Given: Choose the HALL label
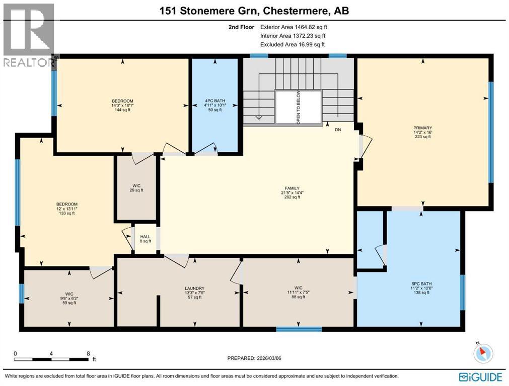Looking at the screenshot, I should point(145,237).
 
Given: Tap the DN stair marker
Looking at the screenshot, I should point(338,130).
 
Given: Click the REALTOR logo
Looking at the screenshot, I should point(28,35).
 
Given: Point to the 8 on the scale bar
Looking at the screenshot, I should point(89,353).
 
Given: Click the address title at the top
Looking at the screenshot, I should point(254,10).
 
